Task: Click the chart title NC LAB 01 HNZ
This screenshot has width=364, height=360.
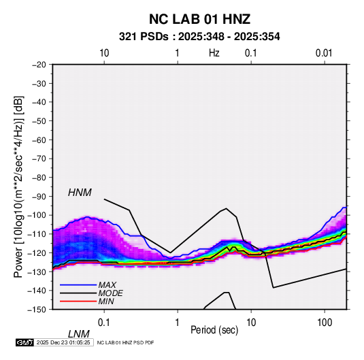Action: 199,19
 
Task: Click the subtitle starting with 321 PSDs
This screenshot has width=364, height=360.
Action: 199,37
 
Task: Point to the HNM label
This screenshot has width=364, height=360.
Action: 80,193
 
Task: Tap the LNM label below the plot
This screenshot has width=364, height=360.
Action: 79,334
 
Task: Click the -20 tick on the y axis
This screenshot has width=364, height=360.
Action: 39,65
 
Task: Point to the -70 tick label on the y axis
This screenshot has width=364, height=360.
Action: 39,159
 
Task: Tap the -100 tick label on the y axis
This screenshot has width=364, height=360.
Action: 37,215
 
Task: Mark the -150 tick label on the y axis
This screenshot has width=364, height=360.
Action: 37,310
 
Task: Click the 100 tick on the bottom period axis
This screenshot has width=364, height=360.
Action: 325,323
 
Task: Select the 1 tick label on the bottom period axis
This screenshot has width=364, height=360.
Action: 178,323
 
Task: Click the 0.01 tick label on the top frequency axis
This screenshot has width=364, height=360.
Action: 324,53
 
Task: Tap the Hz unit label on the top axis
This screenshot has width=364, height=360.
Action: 214,53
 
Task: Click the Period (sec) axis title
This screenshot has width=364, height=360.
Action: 214,330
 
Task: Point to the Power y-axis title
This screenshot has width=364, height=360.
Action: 18,186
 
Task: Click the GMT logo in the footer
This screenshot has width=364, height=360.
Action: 24,342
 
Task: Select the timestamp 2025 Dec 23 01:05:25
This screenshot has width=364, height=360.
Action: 63,342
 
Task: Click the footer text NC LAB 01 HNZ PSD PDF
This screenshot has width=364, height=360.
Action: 125,343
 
